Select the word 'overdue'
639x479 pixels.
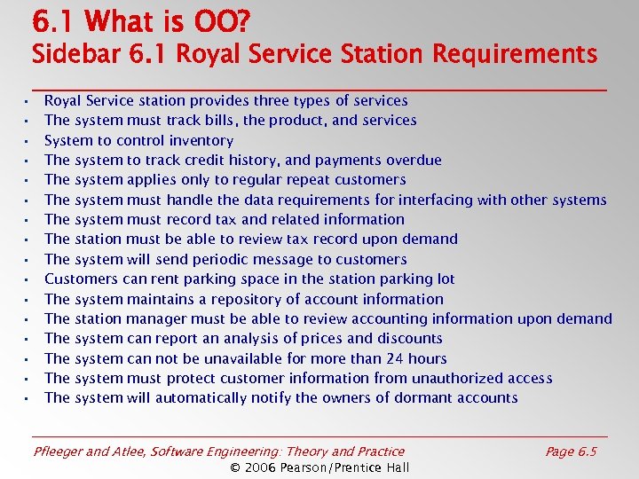[x=414, y=161]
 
